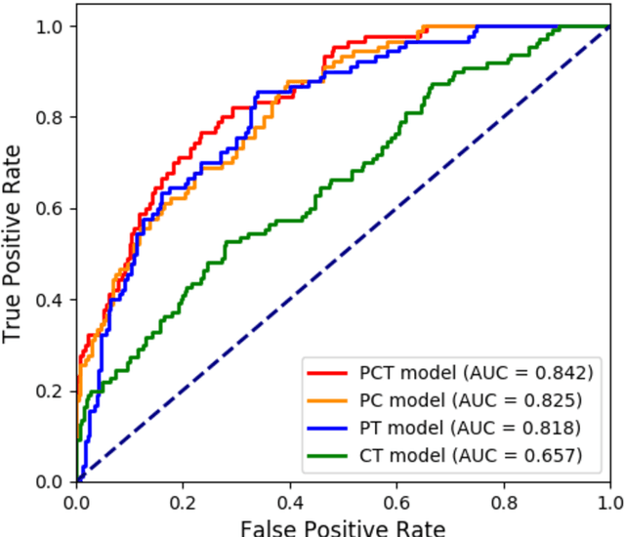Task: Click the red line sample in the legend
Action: coord(328,372)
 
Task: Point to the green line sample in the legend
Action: coord(328,454)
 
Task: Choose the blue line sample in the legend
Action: coord(328,427)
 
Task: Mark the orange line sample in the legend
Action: coord(328,399)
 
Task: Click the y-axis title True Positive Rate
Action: coord(13,242)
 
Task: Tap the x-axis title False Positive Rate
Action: coord(343,527)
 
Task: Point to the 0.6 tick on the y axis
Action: coord(49,209)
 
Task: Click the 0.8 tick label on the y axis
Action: coord(49,118)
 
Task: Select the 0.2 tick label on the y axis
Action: coord(49,392)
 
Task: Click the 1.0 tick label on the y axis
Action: coord(49,26)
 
